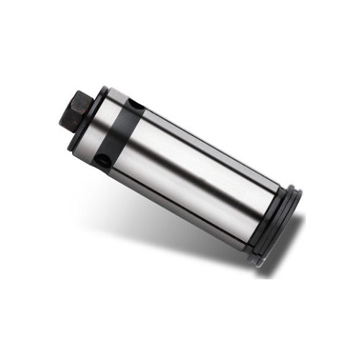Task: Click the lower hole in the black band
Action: (x=105, y=163)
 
